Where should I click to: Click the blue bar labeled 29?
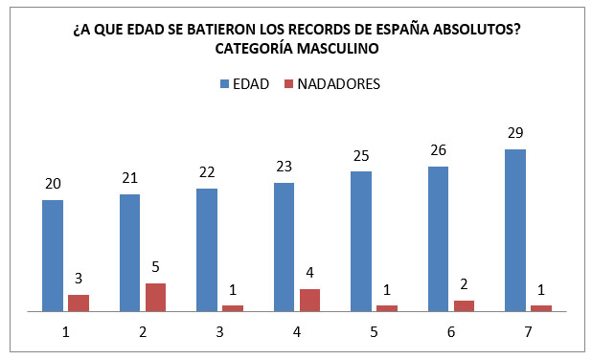[515, 230]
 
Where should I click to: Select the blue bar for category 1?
[53, 255]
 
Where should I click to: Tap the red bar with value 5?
[155, 297]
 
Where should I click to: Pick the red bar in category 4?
[309, 300]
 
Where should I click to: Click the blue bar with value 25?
[361, 241]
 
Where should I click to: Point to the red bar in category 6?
[464, 305]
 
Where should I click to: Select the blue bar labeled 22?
[207, 249]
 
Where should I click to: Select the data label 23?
[285, 167]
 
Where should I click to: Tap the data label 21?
[130, 178]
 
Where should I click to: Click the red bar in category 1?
[79, 303]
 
